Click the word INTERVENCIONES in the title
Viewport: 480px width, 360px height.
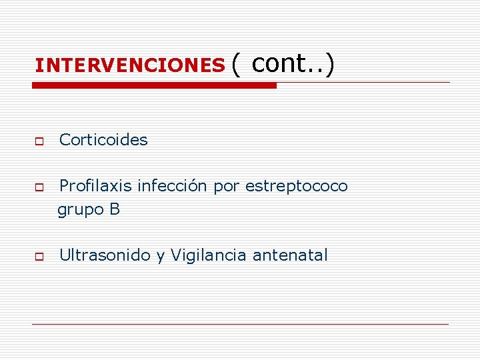pyautogui.click(x=130, y=65)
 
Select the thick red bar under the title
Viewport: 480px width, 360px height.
pyautogui.click(x=154, y=85)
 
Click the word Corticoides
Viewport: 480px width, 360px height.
pyautogui.click(x=103, y=140)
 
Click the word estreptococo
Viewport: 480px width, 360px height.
pyautogui.click(x=297, y=187)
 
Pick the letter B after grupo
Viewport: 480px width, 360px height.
pyautogui.click(x=115, y=209)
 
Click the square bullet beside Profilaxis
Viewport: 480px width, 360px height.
pyautogui.click(x=39, y=189)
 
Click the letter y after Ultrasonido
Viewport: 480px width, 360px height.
pyautogui.click(x=160, y=257)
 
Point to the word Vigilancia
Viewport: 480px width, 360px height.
pyautogui.click(x=209, y=255)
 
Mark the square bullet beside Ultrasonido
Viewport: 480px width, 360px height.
pyautogui.click(x=39, y=257)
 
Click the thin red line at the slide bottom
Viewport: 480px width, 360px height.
pyautogui.click(x=240, y=324)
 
